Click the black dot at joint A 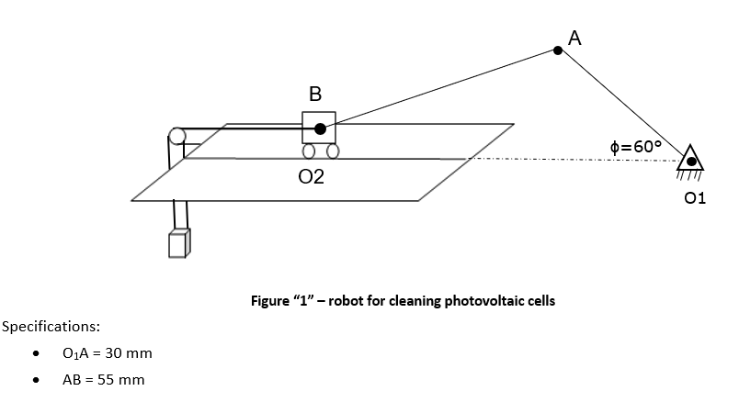(x=557, y=51)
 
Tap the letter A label (x=575, y=37)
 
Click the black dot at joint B (x=319, y=128)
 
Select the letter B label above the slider (x=315, y=93)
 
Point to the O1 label (x=695, y=197)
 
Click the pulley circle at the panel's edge (x=176, y=137)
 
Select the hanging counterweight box (x=179, y=243)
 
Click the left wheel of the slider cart (x=311, y=151)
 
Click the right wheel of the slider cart (x=332, y=151)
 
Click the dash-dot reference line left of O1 (x=570, y=161)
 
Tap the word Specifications (x=51, y=326)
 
